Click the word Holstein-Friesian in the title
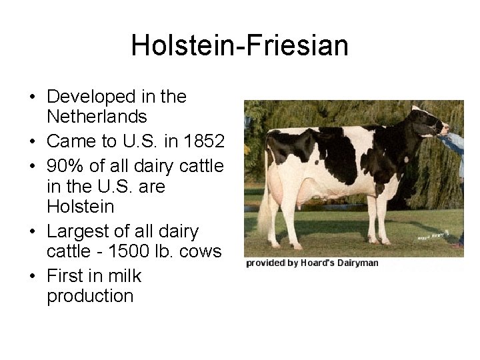pyautogui.click(x=239, y=46)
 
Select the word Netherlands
pyautogui.click(x=97, y=117)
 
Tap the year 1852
pyautogui.click(x=203, y=141)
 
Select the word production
pyautogui.click(x=90, y=296)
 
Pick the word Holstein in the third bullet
pyautogui.click(x=80, y=207)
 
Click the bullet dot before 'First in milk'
pyautogui.click(x=33, y=277)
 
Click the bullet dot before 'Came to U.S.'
pyautogui.click(x=33, y=142)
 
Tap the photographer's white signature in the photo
pyautogui.click(x=433, y=235)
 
